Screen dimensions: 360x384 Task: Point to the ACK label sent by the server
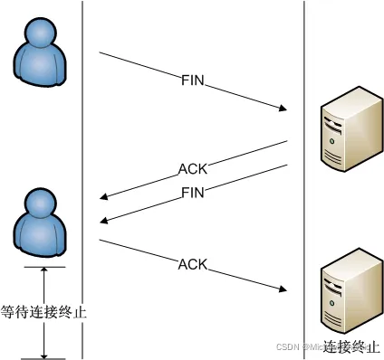pos(192,168)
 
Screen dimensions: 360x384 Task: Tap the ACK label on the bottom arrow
pos(193,265)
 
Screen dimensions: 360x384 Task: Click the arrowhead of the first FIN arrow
pos(283,110)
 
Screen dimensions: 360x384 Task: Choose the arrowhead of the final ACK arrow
pos(283,290)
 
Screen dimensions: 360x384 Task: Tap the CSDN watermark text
pos(288,346)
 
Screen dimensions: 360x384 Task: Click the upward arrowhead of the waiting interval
pos(43,272)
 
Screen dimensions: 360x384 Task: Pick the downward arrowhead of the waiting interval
pos(43,354)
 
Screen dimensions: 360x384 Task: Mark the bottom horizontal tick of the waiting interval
pos(43,358)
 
